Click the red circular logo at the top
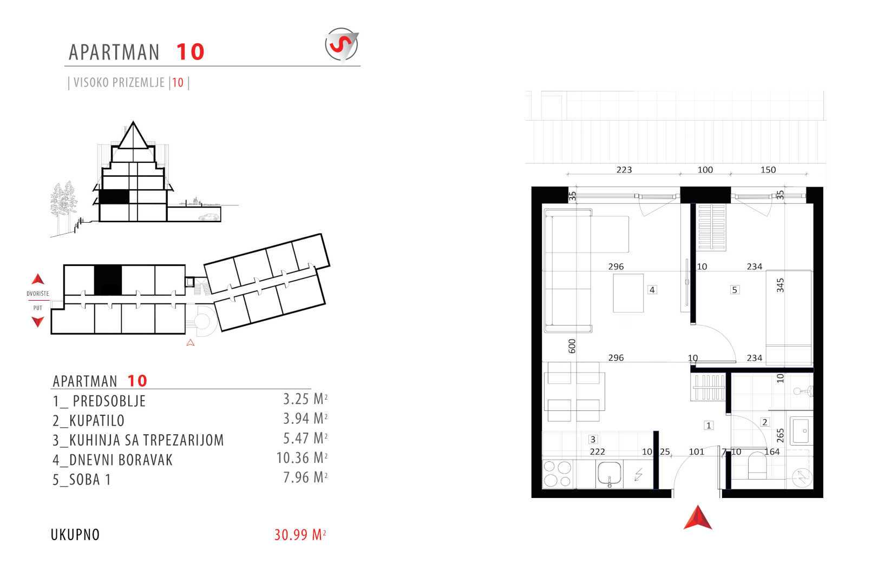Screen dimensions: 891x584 coord(342,44)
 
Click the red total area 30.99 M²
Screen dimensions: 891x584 coord(300,535)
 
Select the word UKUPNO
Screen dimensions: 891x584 coord(75,535)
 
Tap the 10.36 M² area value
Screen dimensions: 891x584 coord(302,458)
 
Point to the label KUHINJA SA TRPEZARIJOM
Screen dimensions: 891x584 coord(139,440)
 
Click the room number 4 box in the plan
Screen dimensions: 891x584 coord(652,290)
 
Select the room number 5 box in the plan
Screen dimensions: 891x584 coord(735,290)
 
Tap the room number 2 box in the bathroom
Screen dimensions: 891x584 coord(764,422)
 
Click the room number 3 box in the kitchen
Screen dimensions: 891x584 coord(593,439)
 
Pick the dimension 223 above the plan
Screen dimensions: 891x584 coord(624,170)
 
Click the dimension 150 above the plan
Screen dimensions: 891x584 coord(768,170)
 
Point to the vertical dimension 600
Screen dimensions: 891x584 coord(572,346)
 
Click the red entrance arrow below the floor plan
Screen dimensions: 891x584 coord(698,518)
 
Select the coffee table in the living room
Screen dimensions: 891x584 coord(628,293)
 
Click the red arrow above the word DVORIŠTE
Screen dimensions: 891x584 coord(38,279)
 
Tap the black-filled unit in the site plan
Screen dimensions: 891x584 coord(108,280)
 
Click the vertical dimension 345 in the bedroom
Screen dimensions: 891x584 coord(781,286)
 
